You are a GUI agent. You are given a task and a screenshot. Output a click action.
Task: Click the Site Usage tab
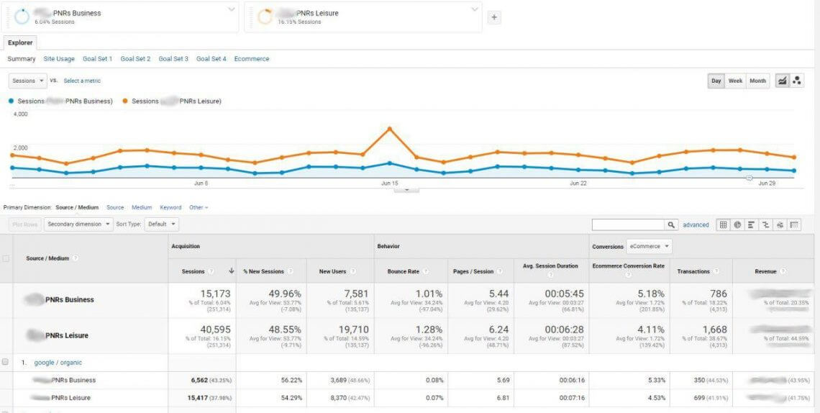pyautogui.click(x=59, y=59)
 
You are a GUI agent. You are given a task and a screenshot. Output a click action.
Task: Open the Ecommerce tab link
pyautogui.click(x=252, y=59)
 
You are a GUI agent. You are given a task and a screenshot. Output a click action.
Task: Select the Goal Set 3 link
pyautogui.click(x=173, y=59)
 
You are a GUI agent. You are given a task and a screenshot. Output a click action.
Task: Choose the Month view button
pyautogui.click(x=757, y=81)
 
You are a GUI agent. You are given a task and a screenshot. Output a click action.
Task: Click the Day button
pyautogui.click(x=716, y=81)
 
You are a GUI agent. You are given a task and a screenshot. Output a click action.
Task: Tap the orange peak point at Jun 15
pyautogui.click(x=389, y=129)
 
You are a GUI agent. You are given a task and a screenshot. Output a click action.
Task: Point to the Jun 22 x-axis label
pyautogui.click(x=578, y=183)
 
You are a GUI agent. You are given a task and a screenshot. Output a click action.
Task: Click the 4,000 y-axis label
pyautogui.click(x=20, y=114)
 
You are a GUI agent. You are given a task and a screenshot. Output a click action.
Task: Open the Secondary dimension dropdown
pyautogui.click(x=78, y=224)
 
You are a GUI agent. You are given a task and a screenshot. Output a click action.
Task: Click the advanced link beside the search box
pyautogui.click(x=696, y=225)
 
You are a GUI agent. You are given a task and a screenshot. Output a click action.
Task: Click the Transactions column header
pyautogui.click(x=693, y=271)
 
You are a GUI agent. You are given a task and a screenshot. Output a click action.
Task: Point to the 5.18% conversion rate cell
pyautogui.click(x=650, y=294)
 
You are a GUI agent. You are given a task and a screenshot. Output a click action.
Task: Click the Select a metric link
pyautogui.click(x=82, y=81)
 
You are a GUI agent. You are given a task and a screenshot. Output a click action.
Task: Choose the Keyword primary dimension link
pyautogui.click(x=170, y=207)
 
